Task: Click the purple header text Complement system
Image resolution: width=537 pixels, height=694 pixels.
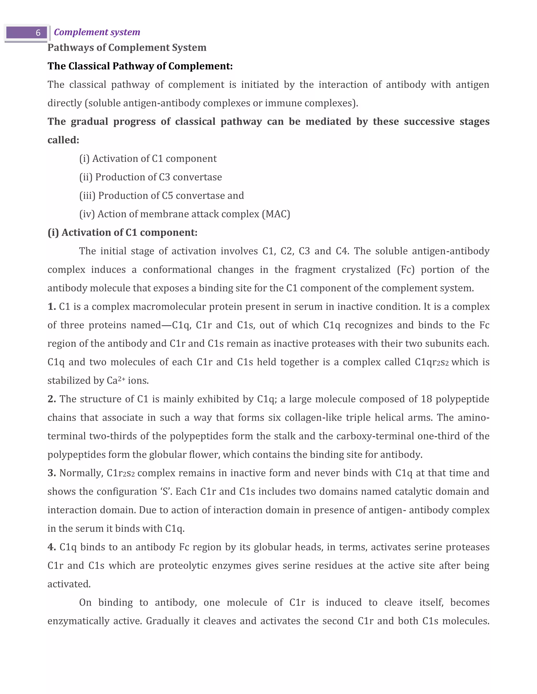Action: coord(97,32)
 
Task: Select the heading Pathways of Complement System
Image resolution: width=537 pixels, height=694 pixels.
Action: coord(127,48)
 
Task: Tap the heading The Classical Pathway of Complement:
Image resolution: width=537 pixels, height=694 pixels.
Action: coord(140,66)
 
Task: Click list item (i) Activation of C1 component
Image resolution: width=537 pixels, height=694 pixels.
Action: coord(148,158)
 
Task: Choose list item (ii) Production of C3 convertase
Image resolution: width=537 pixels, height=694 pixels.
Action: coord(151,177)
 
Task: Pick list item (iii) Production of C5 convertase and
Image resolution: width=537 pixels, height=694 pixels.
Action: coord(162,195)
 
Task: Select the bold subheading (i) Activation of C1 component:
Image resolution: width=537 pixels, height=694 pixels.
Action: coord(122,233)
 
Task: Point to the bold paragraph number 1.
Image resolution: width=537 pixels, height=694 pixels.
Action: coord(52,307)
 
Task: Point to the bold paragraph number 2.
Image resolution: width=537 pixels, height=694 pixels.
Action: coord(52,399)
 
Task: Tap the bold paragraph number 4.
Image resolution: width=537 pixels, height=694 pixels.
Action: coord(52,547)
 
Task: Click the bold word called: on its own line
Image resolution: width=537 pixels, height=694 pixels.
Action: coord(63,140)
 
